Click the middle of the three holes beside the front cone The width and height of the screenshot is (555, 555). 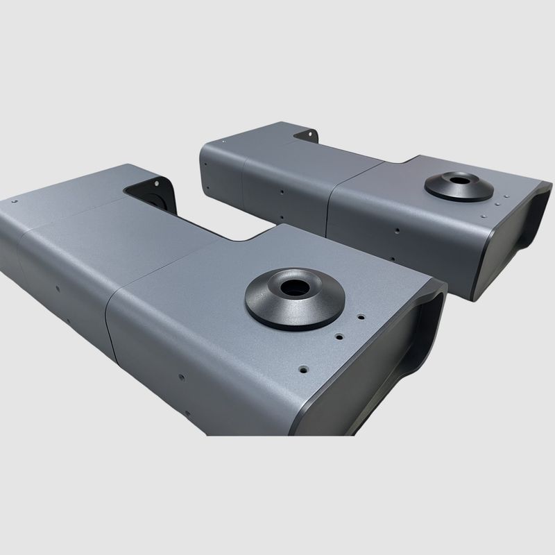point(339,335)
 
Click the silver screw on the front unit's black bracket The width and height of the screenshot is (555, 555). point(158,183)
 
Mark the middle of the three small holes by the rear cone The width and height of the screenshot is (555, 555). point(499,203)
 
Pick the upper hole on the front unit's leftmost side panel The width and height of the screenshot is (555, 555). point(58,288)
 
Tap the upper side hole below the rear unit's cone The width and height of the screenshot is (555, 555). point(395,230)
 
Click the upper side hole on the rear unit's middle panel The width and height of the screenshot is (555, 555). point(281,191)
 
